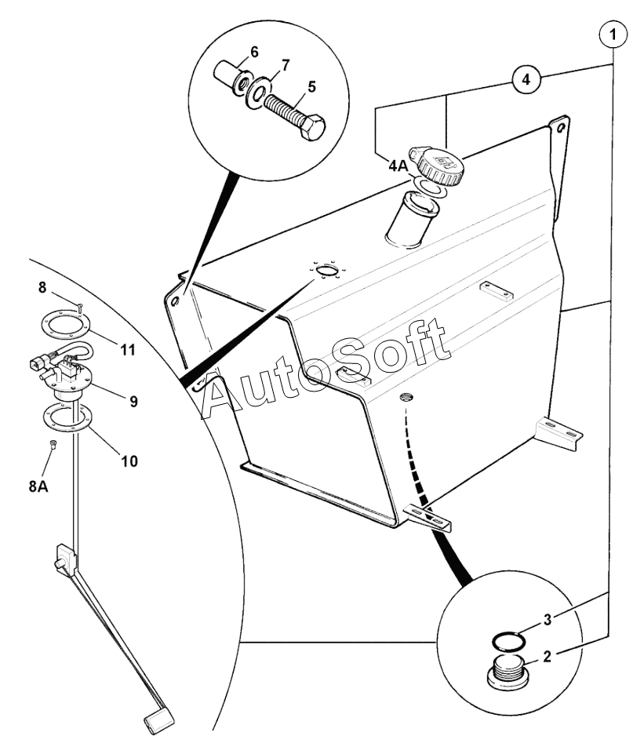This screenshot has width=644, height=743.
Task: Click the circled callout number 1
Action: click(x=613, y=34)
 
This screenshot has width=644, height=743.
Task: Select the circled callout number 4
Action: click(x=526, y=79)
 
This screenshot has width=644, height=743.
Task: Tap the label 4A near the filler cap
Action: click(x=398, y=166)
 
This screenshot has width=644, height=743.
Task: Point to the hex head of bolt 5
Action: click(x=311, y=126)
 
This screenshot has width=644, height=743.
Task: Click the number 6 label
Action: click(x=254, y=52)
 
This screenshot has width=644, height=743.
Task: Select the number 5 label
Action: click(x=311, y=87)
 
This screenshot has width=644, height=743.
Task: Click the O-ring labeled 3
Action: click(x=508, y=642)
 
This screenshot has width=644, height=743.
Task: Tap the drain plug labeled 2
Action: click(x=506, y=673)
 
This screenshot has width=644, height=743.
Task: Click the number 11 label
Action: click(x=128, y=350)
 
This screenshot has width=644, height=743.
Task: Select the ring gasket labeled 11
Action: click(x=64, y=325)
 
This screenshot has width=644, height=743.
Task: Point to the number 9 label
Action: click(x=133, y=402)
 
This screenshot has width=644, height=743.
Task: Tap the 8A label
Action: click(x=38, y=486)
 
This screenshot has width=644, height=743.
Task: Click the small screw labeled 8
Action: click(x=79, y=307)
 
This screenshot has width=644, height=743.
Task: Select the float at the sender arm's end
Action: click(x=158, y=721)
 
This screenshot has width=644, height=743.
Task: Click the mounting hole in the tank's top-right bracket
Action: click(x=561, y=127)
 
